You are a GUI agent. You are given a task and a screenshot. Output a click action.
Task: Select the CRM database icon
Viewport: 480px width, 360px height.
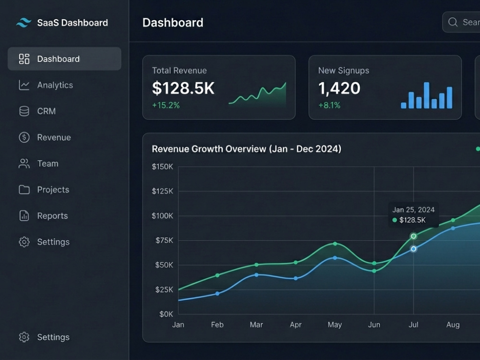[x=24, y=111]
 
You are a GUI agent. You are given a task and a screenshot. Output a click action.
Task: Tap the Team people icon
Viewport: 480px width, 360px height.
[x=24, y=164]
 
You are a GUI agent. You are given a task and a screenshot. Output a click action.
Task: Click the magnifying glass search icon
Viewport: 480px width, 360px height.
[x=453, y=22]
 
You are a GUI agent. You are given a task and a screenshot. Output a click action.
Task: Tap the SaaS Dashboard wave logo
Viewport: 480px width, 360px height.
[x=24, y=23]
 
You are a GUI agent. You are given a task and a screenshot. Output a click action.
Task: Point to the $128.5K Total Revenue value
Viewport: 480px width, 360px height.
[x=183, y=88]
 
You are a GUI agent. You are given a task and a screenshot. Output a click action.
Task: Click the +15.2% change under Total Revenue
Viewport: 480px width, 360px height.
[x=166, y=105]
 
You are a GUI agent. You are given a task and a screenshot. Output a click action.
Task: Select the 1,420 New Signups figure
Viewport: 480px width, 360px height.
[x=339, y=88]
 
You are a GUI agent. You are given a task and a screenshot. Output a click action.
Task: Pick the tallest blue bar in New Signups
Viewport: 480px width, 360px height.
[x=426, y=95]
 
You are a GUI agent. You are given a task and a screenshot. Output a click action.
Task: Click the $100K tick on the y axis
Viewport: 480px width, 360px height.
[x=162, y=216]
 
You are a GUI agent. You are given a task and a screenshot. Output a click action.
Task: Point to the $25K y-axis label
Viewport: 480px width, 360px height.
[x=164, y=289]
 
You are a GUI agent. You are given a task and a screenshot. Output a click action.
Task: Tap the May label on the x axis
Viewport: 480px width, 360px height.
[x=335, y=325]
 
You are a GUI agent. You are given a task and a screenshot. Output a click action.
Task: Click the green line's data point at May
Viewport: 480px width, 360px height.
[x=335, y=244]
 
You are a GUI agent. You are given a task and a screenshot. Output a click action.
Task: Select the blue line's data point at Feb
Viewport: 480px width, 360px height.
[x=217, y=294]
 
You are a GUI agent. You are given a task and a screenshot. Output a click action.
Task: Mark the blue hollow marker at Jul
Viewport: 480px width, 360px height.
[x=414, y=249]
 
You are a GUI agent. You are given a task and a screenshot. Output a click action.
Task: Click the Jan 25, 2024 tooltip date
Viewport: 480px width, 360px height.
[x=413, y=210]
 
